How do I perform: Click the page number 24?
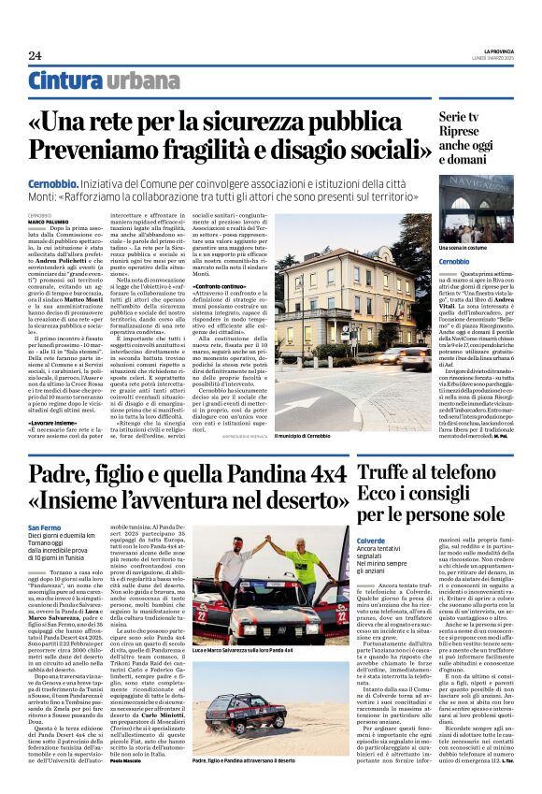tap(35, 55)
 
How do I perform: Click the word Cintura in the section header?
tap(64, 81)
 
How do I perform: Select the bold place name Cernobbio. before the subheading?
tap(52, 186)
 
